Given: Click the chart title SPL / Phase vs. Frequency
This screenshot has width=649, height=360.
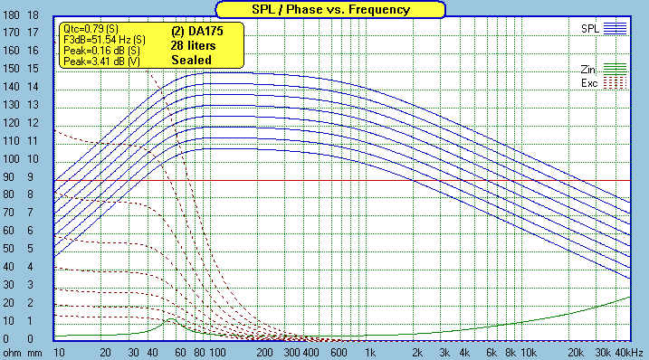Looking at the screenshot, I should pos(330,9).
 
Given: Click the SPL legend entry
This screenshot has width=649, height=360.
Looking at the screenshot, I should pos(589,29).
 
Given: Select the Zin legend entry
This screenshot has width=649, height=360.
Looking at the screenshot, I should pos(589,69).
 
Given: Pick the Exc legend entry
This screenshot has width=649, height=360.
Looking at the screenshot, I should pos(589,83).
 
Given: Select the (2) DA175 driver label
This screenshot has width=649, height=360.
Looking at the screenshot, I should pos(196,30).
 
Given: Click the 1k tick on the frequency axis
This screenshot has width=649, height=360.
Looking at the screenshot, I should pos(369,352).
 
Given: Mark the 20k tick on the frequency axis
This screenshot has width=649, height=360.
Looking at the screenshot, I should pos(574,352).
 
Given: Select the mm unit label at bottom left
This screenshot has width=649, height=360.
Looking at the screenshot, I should pos(34,352).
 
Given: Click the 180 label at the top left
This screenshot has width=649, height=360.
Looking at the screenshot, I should pos(12,16).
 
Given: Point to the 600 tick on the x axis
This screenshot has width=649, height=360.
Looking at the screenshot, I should pos(339,352).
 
